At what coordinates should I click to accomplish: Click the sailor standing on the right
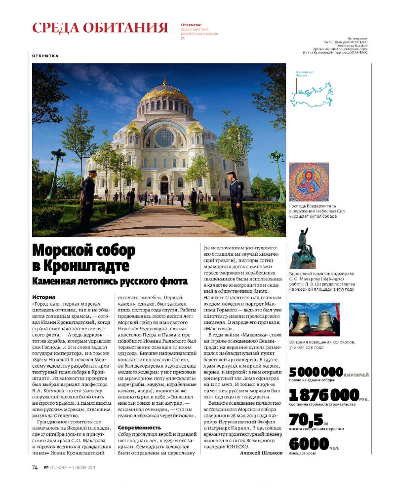pos(236,202)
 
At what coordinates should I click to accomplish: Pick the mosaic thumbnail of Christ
pos(308,181)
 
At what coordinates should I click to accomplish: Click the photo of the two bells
pos(315,319)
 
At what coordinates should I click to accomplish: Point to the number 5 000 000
pos(316,372)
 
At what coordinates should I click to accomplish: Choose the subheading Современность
pos(140,427)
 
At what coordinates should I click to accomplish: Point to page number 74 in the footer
pos(35,468)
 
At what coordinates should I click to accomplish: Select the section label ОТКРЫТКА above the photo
pos(45,56)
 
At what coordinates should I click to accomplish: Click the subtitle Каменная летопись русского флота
pos(110,281)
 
